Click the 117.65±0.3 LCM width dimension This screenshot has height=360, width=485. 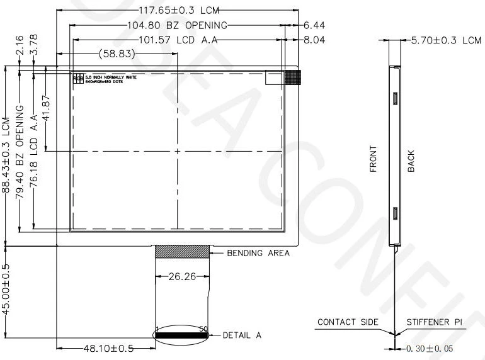[x=177, y=10]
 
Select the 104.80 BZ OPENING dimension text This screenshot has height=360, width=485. [x=177, y=26]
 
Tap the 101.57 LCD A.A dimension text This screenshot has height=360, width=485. [x=178, y=40]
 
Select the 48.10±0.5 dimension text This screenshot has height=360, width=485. [x=107, y=347]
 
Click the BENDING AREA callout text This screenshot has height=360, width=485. [x=258, y=254]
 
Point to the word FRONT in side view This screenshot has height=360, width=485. [x=374, y=160]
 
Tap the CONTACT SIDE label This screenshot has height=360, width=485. [x=348, y=322]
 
